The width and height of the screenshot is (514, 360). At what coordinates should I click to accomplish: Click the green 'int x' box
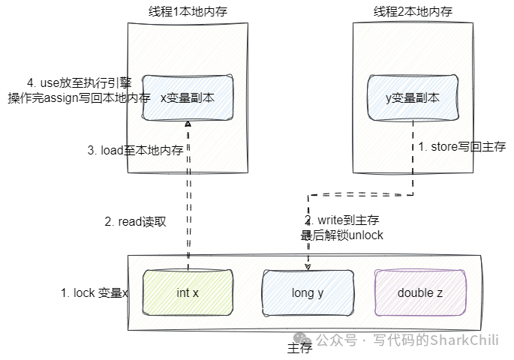[188, 292]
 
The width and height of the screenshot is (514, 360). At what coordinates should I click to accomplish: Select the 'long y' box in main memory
[308, 292]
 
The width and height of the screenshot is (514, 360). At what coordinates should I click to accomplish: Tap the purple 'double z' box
[420, 292]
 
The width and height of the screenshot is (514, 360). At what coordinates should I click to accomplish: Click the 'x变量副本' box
[188, 97]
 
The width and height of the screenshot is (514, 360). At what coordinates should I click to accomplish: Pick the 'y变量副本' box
[413, 97]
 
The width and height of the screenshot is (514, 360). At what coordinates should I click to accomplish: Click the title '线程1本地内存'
[188, 11]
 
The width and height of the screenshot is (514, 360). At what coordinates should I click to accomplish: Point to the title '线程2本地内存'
[413, 11]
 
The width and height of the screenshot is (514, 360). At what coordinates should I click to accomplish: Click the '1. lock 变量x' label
[95, 292]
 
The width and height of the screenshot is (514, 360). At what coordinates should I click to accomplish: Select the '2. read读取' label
[135, 222]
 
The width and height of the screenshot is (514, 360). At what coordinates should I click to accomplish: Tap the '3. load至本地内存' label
[135, 150]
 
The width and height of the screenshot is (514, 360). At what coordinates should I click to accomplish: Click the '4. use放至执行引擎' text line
[80, 83]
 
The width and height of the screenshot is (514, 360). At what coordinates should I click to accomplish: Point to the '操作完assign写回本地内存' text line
[79, 97]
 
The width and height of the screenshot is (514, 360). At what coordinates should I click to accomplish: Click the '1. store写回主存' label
[462, 146]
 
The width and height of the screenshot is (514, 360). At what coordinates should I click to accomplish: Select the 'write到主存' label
[348, 220]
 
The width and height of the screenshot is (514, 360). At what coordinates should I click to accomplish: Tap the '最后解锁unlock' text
[342, 235]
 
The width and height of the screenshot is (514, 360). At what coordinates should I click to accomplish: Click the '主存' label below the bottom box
[299, 348]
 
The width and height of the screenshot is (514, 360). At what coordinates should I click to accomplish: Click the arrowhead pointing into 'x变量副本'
[188, 124]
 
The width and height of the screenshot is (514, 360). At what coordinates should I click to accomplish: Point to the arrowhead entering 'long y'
[308, 267]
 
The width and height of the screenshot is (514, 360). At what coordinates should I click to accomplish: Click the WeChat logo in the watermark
[302, 339]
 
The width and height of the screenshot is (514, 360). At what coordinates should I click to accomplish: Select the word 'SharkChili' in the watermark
[464, 340]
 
